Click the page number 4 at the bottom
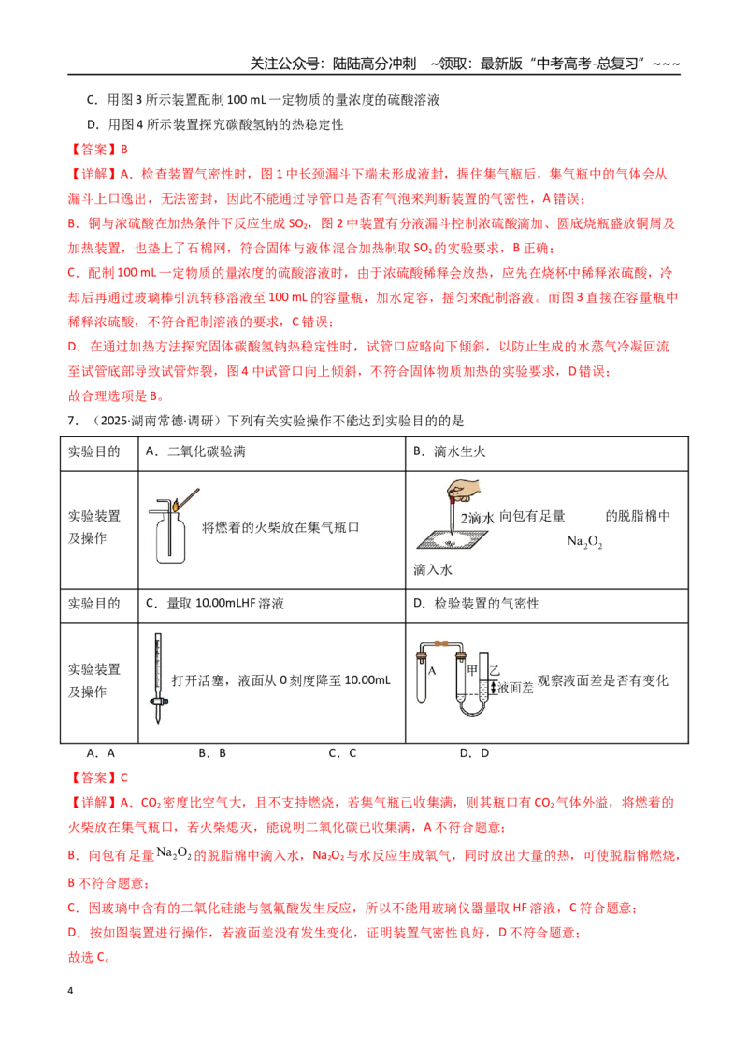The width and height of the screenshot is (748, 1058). tap(70, 991)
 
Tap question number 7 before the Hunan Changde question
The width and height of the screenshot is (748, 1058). tap(73, 421)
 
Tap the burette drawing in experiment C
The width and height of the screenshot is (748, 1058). tap(158, 679)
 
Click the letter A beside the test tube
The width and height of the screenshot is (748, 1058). tap(432, 671)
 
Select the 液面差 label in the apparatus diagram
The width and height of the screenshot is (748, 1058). tap(516, 687)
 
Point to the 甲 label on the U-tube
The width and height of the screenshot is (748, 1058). tap(472, 669)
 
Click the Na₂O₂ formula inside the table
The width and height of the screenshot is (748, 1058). tap(584, 541)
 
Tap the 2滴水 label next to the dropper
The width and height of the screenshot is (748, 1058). tap(478, 518)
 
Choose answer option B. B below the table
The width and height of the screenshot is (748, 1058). tap(212, 753)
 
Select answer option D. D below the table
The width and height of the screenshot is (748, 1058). tap(474, 753)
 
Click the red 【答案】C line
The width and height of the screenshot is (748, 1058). tap(98, 778)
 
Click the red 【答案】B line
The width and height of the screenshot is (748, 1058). tap(98, 150)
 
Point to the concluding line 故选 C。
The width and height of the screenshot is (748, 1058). tap(89, 957)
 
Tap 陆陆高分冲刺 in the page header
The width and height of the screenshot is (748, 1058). tap(375, 64)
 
